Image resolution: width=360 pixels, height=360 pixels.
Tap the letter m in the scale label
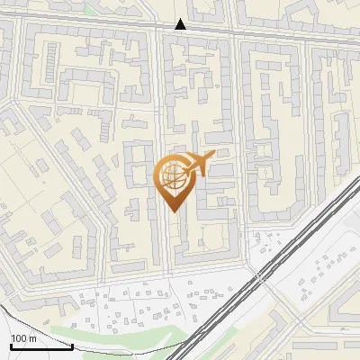[x=32, y=338]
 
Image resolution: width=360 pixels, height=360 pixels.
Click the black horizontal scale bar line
[x=40, y=346]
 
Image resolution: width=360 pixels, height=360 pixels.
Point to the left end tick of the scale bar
[x=10, y=344]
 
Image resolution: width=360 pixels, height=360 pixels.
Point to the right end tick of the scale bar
[x=72, y=344]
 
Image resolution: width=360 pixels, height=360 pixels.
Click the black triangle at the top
[x=181, y=24]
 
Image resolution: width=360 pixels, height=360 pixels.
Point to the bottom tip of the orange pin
[x=174, y=212]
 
